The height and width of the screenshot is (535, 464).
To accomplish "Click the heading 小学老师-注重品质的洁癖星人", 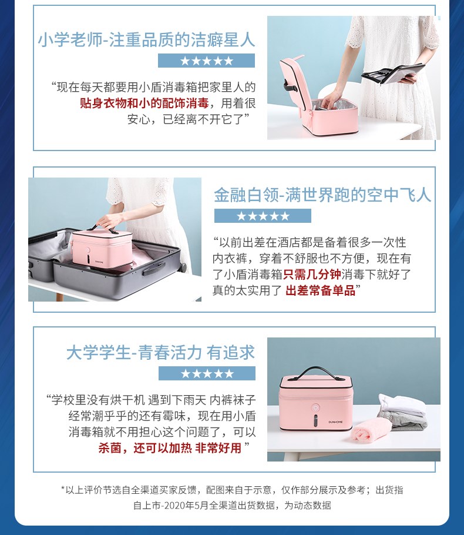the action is [x=146, y=39].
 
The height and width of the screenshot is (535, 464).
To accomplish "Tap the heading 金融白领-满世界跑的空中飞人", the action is [x=322, y=195].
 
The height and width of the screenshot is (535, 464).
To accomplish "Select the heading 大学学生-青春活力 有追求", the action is [x=160, y=353].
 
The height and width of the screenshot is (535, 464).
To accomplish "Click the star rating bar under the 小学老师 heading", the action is [x=206, y=61].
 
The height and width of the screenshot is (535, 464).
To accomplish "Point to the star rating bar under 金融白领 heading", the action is [x=263, y=216].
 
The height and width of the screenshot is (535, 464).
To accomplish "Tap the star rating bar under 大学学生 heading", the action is [x=207, y=373].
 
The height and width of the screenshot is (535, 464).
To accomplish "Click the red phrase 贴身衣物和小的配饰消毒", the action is [x=144, y=103].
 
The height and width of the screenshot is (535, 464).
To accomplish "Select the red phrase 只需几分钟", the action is [x=312, y=275].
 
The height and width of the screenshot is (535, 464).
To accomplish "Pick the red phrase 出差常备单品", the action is [x=321, y=290].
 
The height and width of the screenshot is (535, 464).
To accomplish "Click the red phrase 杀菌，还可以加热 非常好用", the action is [x=170, y=447].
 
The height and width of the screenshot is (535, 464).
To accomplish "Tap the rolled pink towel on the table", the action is [x=372, y=429].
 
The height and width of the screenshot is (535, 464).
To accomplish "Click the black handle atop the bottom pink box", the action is [x=316, y=373].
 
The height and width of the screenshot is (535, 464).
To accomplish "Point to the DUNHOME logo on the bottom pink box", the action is [x=335, y=422].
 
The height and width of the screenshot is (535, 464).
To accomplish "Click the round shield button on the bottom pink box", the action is [x=316, y=408].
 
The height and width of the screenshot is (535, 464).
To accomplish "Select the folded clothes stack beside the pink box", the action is [x=403, y=412].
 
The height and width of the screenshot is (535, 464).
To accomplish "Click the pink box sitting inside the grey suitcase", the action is [x=102, y=248].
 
